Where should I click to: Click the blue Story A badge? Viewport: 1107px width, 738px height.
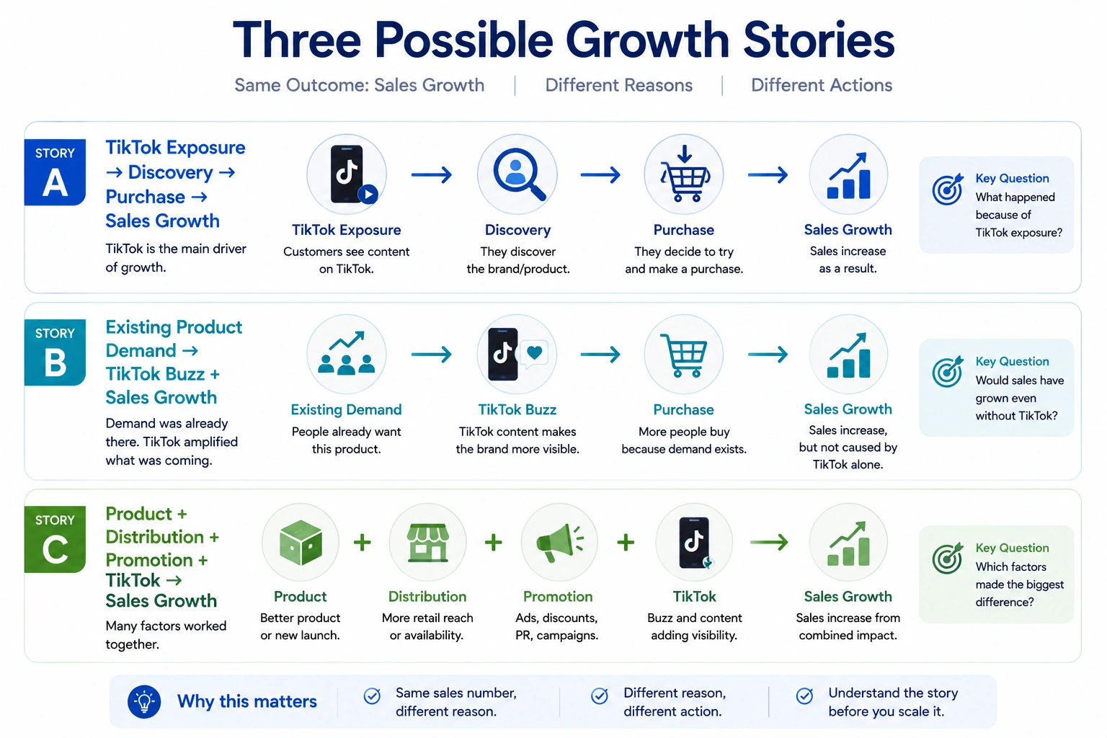pos(55,172)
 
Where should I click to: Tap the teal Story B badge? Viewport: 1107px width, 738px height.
pos(55,352)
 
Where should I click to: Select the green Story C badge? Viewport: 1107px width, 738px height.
pos(55,539)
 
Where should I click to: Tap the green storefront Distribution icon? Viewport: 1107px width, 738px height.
pos(428,543)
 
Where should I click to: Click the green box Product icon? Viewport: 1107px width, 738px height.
pos(301,542)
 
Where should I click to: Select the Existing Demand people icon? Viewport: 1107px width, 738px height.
pos(347,352)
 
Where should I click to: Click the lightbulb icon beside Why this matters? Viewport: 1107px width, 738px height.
pos(144,701)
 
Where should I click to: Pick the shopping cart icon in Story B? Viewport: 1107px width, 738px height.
pos(684,355)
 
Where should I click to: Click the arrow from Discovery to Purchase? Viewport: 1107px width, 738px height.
pos(600,174)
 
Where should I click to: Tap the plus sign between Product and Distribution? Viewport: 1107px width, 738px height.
pos(363,542)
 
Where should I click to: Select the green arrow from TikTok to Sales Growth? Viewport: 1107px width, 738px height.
pos(769,542)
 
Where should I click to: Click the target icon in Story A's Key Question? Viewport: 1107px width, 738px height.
pos(948,189)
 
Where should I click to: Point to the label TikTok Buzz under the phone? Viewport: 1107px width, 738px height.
pos(517,409)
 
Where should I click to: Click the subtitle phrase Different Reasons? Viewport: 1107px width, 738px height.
pos(619,85)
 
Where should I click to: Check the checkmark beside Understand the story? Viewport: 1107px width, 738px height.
pos(804,696)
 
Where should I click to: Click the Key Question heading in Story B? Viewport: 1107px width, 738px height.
pos(1012,361)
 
